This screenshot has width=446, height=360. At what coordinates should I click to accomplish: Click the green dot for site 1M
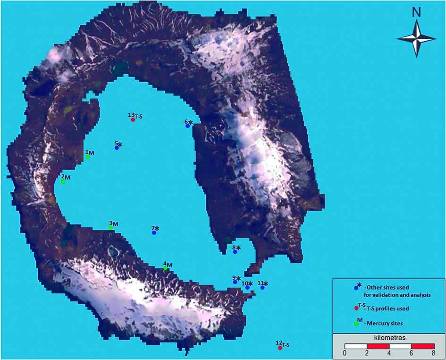coord(88,157)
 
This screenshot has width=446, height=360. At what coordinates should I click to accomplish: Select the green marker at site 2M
coord(63,181)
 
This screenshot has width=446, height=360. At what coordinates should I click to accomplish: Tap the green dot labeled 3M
coord(111,228)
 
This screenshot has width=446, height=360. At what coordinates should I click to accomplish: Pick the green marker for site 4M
coord(165,268)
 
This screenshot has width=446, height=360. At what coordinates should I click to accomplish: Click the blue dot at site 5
coord(117,148)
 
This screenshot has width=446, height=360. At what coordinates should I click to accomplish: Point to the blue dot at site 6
coord(187,126)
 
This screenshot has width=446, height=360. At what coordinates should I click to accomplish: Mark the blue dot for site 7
coord(154,233)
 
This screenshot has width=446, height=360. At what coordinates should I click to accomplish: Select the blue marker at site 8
coord(235,252)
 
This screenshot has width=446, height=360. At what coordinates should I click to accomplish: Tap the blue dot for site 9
coord(235,282)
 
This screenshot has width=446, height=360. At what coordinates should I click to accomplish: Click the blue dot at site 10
coord(247,287)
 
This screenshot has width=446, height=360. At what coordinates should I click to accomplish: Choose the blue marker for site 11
coord(262,287)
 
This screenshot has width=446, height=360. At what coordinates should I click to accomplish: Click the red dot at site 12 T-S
coord(280,348)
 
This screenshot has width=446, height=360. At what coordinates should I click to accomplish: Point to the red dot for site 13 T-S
coord(133,120)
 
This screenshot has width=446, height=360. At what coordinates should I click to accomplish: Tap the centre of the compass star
coord(416,40)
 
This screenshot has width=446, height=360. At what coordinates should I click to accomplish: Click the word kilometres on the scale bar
coord(389,338)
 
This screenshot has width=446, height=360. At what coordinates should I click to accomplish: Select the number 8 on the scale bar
coord(433,353)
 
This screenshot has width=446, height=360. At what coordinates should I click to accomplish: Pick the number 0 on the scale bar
coord(345,353)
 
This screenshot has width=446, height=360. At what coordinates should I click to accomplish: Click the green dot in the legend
coord(356,324)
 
